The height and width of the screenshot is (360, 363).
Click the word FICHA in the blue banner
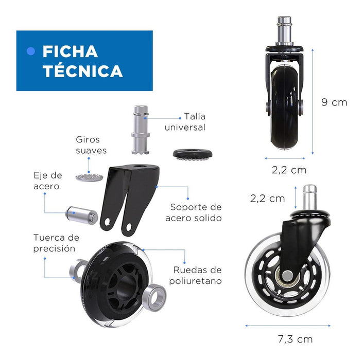pos(70,51)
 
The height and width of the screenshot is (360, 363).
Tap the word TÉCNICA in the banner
pos(83,71)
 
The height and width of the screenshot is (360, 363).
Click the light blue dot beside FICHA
pos(31,51)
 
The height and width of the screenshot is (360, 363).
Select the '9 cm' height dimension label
pos(334,102)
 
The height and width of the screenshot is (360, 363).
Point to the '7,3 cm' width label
pos(295,339)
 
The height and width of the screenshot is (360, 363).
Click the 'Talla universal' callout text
pos(185,122)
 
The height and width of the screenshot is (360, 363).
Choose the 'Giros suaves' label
pos(91,145)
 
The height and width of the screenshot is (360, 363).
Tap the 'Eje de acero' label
pos(48,181)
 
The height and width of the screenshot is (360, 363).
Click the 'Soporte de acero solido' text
pos(194,212)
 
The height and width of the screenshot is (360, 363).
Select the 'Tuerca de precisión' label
pos(56,243)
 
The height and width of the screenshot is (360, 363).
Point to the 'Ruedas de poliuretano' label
pos(195,275)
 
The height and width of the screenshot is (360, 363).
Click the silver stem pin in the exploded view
pos(141,130)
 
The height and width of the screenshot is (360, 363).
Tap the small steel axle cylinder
pos(82,215)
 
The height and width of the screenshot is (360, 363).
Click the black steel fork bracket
pos(130,200)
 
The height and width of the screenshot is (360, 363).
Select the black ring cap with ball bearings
pos(193,154)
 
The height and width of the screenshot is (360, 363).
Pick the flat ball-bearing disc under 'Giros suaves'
pos(89,177)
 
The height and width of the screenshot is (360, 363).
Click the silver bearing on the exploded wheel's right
pos(154,297)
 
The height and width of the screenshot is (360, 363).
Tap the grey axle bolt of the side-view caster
pos(287,276)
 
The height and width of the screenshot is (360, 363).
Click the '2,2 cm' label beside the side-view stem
pos(267,199)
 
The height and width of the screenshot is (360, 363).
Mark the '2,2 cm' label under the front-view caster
pos(289,170)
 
